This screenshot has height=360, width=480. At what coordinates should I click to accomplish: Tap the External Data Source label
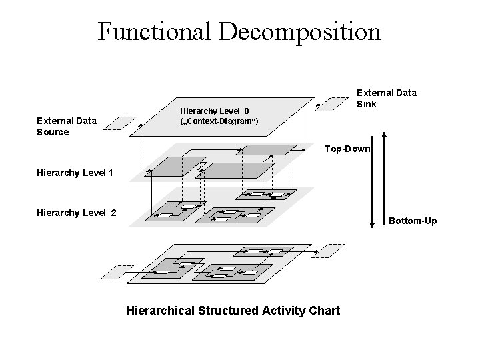pyautogui.click(x=67, y=126)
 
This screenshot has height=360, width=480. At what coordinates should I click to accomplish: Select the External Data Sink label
pyautogui.click(x=387, y=99)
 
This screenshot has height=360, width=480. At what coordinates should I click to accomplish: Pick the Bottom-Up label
pyautogui.click(x=413, y=220)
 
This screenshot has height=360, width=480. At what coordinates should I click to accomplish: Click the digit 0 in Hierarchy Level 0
pyautogui.click(x=246, y=110)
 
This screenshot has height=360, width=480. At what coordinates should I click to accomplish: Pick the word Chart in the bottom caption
pyautogui.click(x=324, y=310)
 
